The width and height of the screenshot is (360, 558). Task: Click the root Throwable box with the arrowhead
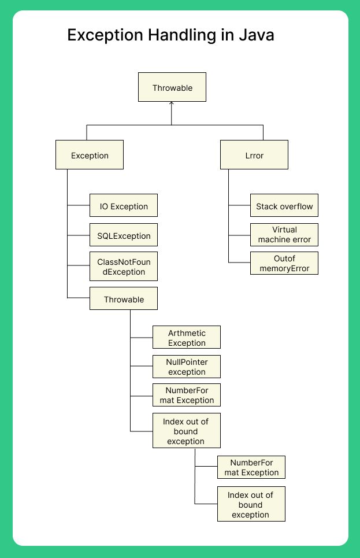172,88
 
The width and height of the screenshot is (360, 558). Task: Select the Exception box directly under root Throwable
90,155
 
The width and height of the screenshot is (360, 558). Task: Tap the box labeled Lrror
254,155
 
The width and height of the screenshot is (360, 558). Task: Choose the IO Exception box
124,206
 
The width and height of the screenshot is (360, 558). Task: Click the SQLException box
124,235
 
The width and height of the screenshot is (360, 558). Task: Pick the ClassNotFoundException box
124,267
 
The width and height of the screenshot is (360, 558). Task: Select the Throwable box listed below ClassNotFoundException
124,299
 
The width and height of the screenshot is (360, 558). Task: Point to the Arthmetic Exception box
187,338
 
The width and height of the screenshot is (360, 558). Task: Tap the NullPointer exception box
187,367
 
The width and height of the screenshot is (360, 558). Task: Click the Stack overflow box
284,206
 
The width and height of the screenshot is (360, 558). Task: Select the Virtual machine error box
284,234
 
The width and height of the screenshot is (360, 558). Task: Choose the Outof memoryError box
284,263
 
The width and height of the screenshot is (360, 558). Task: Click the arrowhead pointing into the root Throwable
172,105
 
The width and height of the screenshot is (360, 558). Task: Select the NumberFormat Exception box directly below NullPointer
187,395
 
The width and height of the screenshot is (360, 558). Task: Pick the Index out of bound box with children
187,431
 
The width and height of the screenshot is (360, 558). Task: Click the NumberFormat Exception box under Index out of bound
251,467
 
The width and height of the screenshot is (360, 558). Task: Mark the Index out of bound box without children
251,504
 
